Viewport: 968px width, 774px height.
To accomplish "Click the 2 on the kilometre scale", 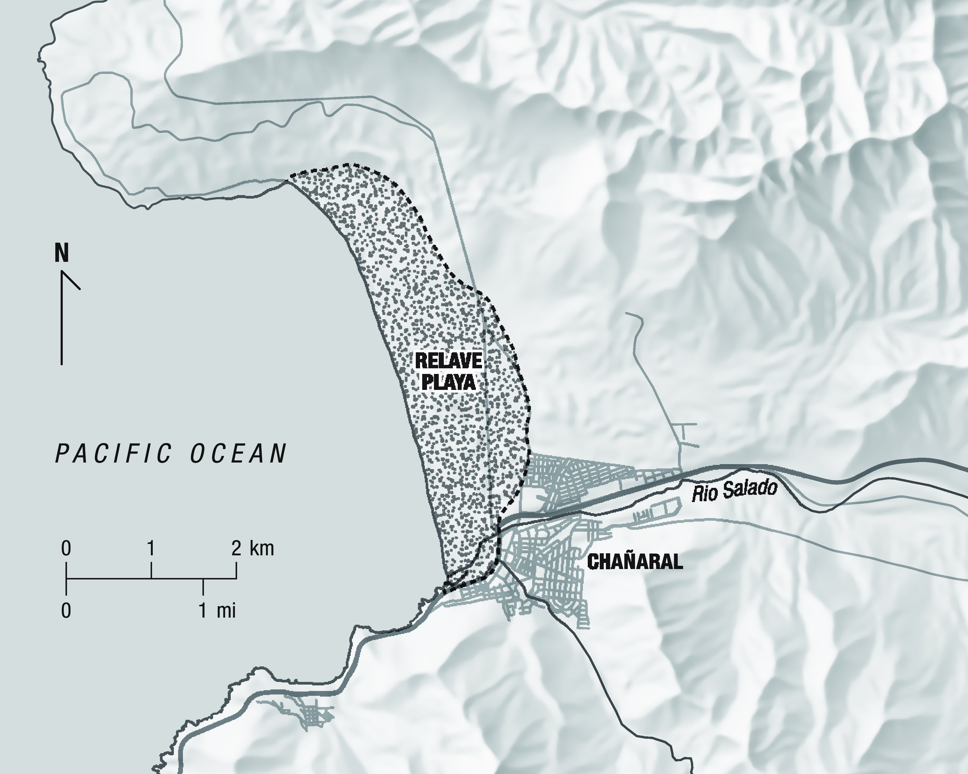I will (236, 548).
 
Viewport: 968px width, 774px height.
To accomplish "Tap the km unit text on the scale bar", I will (261, 548).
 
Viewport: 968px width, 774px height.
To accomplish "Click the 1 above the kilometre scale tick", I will (151, 548).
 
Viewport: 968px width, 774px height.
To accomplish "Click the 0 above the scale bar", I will (66, 548).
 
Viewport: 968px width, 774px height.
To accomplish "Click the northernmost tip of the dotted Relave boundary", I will (346, 165).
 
